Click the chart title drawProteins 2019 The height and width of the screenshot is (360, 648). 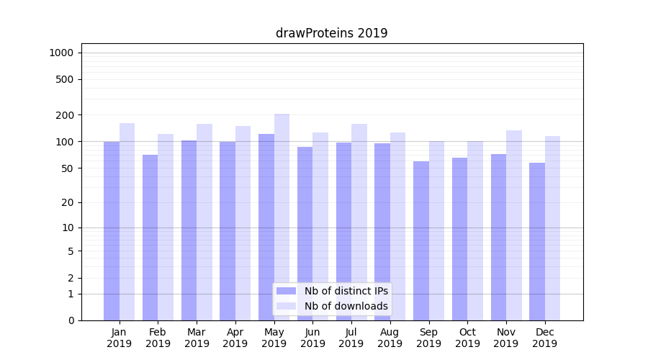click(331, 33)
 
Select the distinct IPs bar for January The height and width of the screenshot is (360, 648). click(112, 230)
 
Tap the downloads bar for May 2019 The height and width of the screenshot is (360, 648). click(282, 216)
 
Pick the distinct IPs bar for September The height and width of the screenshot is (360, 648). click(421, 240)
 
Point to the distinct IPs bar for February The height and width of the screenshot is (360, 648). click(150, 238)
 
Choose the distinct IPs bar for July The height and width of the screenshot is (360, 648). click(343, 230)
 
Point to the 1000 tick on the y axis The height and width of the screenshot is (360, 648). click(61, 53)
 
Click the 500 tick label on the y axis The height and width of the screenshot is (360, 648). click(65, 79)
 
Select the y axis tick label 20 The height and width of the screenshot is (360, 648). click(67, 202)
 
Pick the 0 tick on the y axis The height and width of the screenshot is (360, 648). click(70, 320)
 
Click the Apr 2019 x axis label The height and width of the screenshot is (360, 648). click(235, 338)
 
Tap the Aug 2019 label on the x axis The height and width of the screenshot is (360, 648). click(390, 338)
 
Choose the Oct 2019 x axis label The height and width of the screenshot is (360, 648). click(467, 338)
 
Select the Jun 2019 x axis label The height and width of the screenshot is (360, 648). click(312, 338)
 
